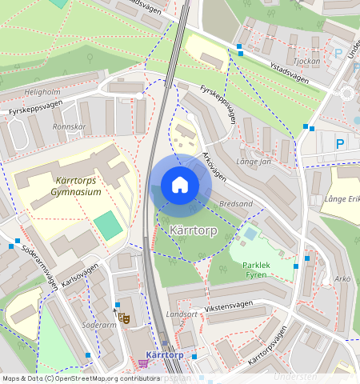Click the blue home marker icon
180,185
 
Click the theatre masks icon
123,318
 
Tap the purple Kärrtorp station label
165,354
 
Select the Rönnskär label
69,126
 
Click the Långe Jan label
256,162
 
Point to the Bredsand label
235,204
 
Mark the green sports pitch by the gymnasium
108,226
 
